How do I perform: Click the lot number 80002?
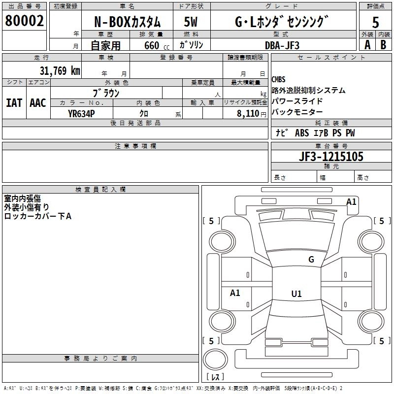click(24, 21)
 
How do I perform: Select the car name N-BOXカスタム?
click(127, 22)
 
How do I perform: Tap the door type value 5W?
click(191, 22)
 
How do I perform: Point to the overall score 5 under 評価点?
click(375, 22)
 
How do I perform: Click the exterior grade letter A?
click(367, 45)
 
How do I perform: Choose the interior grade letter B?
click(383, 45)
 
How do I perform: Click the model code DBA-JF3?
click(282, 45)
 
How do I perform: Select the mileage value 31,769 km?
click(60, 70)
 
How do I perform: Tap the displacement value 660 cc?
click(157, 45)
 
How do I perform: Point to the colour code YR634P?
click(81, 114)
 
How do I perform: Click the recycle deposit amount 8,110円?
click(252, 114)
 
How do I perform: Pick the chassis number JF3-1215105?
click(331, 156)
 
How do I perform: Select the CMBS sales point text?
click(278, 79)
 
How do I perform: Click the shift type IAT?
click(14, 103)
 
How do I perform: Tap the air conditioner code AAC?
click(38, 103)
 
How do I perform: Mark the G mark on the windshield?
click(311, 260)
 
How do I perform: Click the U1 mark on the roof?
click(296, 294)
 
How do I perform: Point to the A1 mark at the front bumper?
click(351, 201)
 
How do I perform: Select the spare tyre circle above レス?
click(215, 360)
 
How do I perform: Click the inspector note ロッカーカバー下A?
click(38, 216)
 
